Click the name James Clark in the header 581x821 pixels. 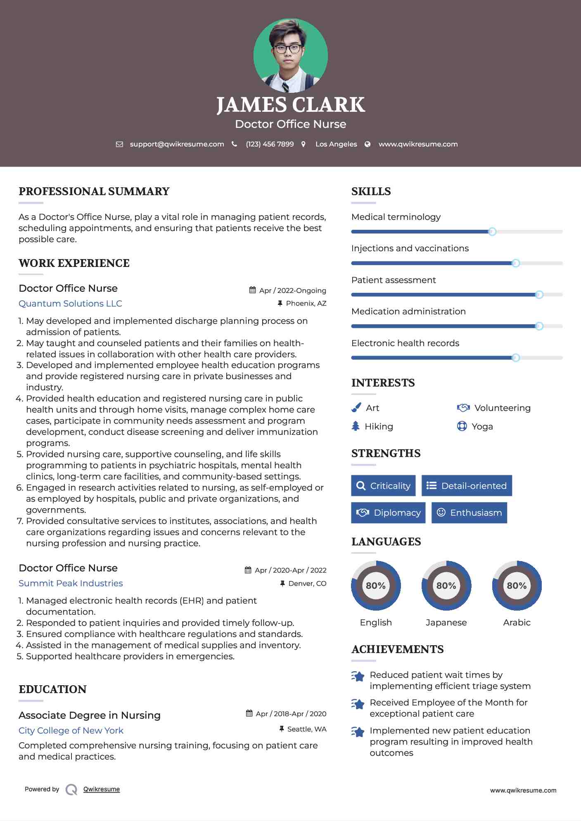290,105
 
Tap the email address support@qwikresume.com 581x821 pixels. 177,144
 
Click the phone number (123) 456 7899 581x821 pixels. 270,144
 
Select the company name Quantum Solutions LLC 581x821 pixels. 70,304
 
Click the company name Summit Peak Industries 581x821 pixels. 71,583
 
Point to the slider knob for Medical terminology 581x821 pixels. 492,231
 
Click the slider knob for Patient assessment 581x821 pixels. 539,295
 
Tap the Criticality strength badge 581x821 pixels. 383,486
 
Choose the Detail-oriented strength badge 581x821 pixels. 467,486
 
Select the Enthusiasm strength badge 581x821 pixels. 469,512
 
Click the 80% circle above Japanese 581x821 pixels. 446,585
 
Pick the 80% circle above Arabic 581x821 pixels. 517,585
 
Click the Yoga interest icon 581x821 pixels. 462,426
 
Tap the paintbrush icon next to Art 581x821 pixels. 356,408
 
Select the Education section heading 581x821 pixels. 52,689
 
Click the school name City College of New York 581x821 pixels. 71,731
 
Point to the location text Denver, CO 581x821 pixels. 307,583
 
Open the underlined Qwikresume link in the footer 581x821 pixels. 102,789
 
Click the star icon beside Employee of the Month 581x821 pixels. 358,704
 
